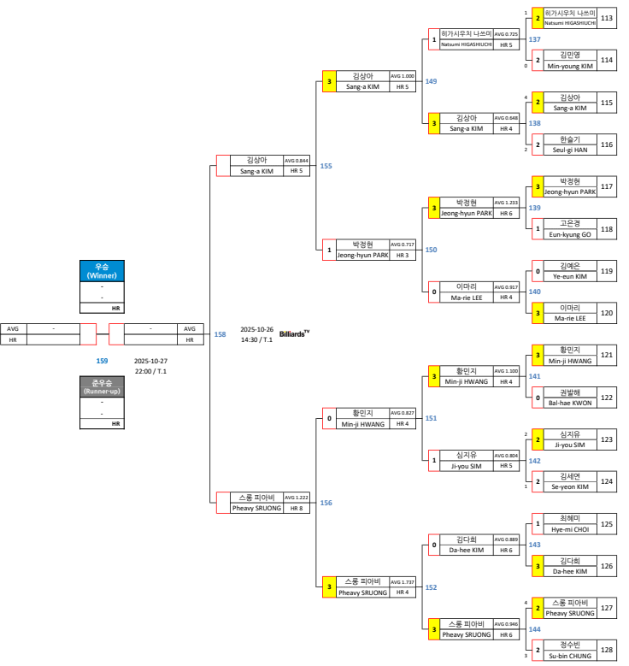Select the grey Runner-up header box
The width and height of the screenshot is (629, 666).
pos(102,387)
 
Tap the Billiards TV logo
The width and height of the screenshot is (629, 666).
pos(294,334)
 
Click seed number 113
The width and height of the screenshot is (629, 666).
pos(607,18)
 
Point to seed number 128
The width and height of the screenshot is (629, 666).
pos(607,649)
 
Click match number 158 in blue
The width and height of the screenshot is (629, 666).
pos(220,334)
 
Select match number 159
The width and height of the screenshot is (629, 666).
pos(102,361)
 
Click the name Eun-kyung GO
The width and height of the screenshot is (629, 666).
pos(569,233)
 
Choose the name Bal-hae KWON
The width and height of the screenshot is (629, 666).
pos(569,402)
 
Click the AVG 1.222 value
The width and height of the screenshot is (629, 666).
pos(296,497)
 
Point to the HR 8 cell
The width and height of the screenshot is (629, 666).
pos(296,508)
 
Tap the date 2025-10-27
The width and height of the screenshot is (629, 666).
pos(150,361)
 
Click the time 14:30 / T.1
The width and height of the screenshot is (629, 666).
pos(256,339)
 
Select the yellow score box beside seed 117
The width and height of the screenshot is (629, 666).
pos(538,186)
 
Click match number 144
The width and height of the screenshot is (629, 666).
pos(535,628)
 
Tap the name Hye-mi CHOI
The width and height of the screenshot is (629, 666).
pos(569,529)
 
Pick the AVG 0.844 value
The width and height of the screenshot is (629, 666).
pos(296,160)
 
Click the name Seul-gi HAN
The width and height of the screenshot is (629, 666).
pos(569,150)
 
